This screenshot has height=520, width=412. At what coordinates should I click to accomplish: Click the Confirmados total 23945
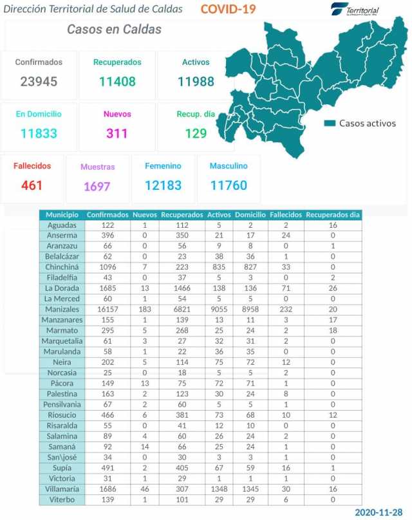point(39,82)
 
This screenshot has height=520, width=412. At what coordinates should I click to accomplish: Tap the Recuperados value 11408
point(117,82)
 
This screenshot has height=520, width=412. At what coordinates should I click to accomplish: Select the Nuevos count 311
point(117,134)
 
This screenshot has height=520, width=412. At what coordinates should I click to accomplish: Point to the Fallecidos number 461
point(32,185)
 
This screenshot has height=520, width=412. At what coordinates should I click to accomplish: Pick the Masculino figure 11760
point(229,185)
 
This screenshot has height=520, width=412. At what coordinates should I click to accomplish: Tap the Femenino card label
point(163,166)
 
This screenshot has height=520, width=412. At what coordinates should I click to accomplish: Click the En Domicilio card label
point(39,114)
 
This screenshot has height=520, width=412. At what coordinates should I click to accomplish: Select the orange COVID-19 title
point(228,9)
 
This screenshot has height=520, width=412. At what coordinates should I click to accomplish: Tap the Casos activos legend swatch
point(330,123)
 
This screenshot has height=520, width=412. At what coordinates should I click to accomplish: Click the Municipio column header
point(62,214)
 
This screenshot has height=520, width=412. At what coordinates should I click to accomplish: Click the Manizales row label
point(62,309)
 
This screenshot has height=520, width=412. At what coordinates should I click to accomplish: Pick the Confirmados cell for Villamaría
point(107,489)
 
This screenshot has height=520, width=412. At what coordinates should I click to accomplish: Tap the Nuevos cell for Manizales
point(145,309)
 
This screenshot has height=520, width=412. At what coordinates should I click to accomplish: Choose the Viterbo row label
point(62,499)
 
